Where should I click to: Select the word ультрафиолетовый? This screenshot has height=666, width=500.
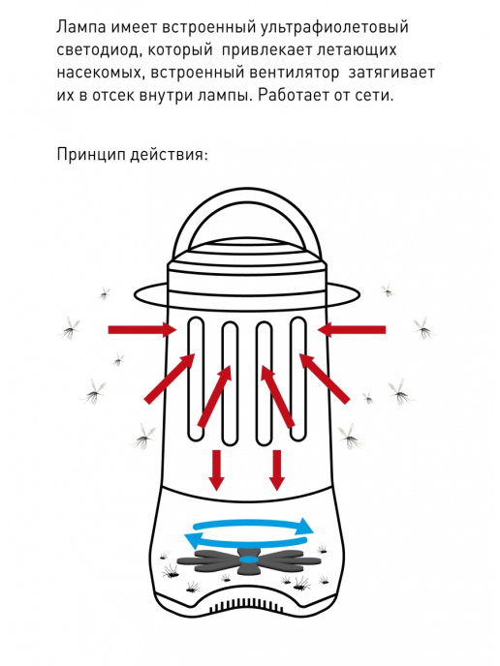(x=342, y=27)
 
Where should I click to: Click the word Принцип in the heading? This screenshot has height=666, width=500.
(x=91, y=155)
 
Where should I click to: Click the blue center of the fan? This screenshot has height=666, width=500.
(x=249, y=559)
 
